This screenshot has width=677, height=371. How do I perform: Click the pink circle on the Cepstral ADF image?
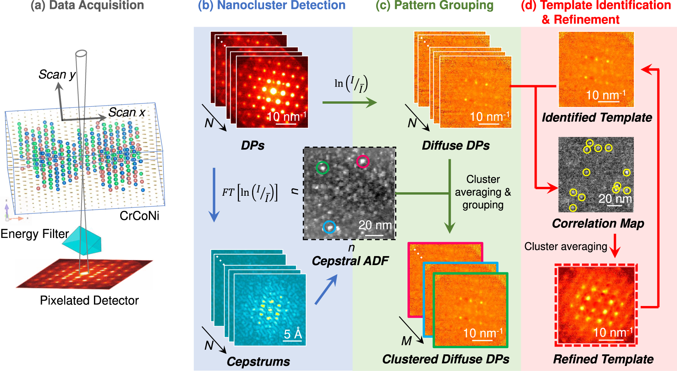pyautogui.click(x=363, y=161)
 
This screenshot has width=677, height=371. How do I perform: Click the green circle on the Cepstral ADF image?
pyautogui.click(x=322, y=168)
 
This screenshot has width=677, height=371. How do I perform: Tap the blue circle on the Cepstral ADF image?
pyautogui.click(x=329, y=227)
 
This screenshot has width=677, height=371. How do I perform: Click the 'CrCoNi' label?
pyautogui.click(x=139, y=215)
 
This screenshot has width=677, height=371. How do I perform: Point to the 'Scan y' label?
pyautogui.click(x=57, y=74)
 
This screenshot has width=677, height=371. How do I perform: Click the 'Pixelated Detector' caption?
pyautogui.click(x=89, y=301)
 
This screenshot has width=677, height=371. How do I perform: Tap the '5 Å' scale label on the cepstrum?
pyautogui.click(x=293, y=334)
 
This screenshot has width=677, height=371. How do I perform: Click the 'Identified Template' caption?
pyautogui.click(x=597, y=117)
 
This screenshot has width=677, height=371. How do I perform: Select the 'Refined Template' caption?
pyautogui.click(x=603, y=359)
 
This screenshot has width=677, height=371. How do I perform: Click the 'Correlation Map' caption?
pyautogui.click(x=598, y=223)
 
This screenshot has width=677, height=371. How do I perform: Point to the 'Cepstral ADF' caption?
pyautogui.click(x=350, y=261)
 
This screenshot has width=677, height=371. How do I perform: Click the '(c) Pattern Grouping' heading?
pyautogui.click(x=435, y=5)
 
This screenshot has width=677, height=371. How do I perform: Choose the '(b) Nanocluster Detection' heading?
pyautogui.click(x=271, y=5)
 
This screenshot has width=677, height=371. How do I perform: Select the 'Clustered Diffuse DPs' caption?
pyautogui.click(x=445, y=359)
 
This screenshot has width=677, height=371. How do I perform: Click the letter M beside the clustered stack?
pyautogui.click(x=406, y=341)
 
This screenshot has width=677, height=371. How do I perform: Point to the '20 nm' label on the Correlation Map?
pyautogui.click(x=615, y=199)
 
